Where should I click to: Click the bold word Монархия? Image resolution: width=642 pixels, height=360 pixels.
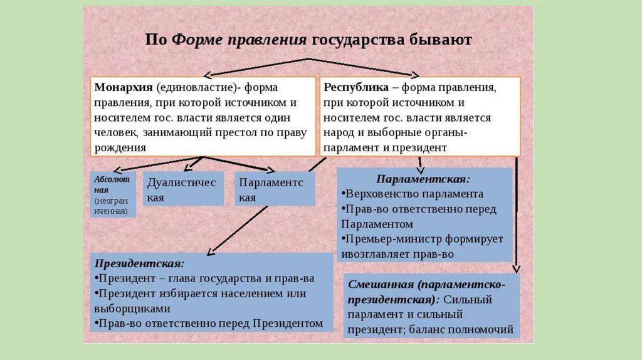click(x=123, y=87)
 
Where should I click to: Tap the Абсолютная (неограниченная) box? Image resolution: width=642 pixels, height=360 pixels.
click(x=113, y=194)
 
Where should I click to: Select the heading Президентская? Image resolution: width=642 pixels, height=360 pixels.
click(x=139, y=263)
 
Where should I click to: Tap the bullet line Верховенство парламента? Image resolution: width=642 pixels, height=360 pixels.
click(x=414, y=194)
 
